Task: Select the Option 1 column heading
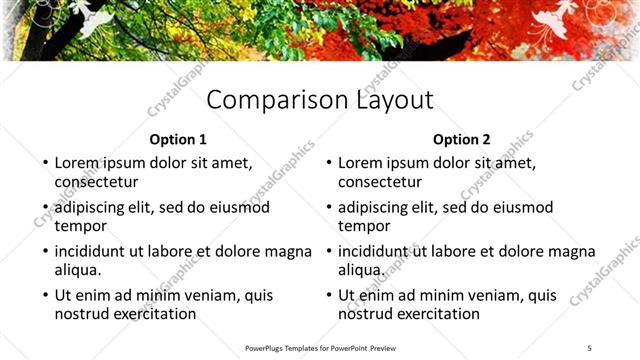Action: pyautogui.click(x=178, y=140)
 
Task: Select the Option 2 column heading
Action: pyautogui.click(x=462, y=140)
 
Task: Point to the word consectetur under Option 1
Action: pyautogui.click(x=96, y=182)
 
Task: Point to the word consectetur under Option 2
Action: pyautogui.click(x=380, y=182)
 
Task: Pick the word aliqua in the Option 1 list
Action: pyautogui.click(x=78, y=270)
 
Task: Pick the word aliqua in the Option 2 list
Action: pyautogui.click(x=362, y=270)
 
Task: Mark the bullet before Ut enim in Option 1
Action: pyautogui.click(x=44, y=296)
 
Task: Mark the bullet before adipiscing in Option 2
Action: pyautogui.click(x=328, y=208)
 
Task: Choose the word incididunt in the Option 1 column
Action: pyautogui.click(x=94, y=251)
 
